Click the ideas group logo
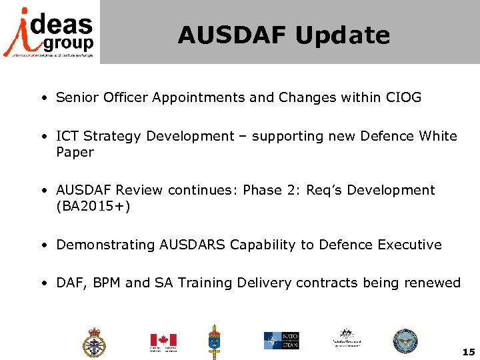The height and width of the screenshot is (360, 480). (50, 31)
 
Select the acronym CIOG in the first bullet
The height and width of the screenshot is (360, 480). (403, 97)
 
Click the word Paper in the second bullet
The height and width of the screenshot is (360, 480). (75, 152)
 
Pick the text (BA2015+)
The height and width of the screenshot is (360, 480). (93, 206)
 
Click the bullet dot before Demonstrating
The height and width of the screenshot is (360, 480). (43, 245)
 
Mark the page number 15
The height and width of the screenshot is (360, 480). (467, 351)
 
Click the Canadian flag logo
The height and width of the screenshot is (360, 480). (163, 341)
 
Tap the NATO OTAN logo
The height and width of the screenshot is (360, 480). (281, 341)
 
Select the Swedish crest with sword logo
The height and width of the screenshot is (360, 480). (215, 341)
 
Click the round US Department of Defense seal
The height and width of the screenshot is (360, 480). (405, 341)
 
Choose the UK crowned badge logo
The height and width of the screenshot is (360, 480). (94, 343)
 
